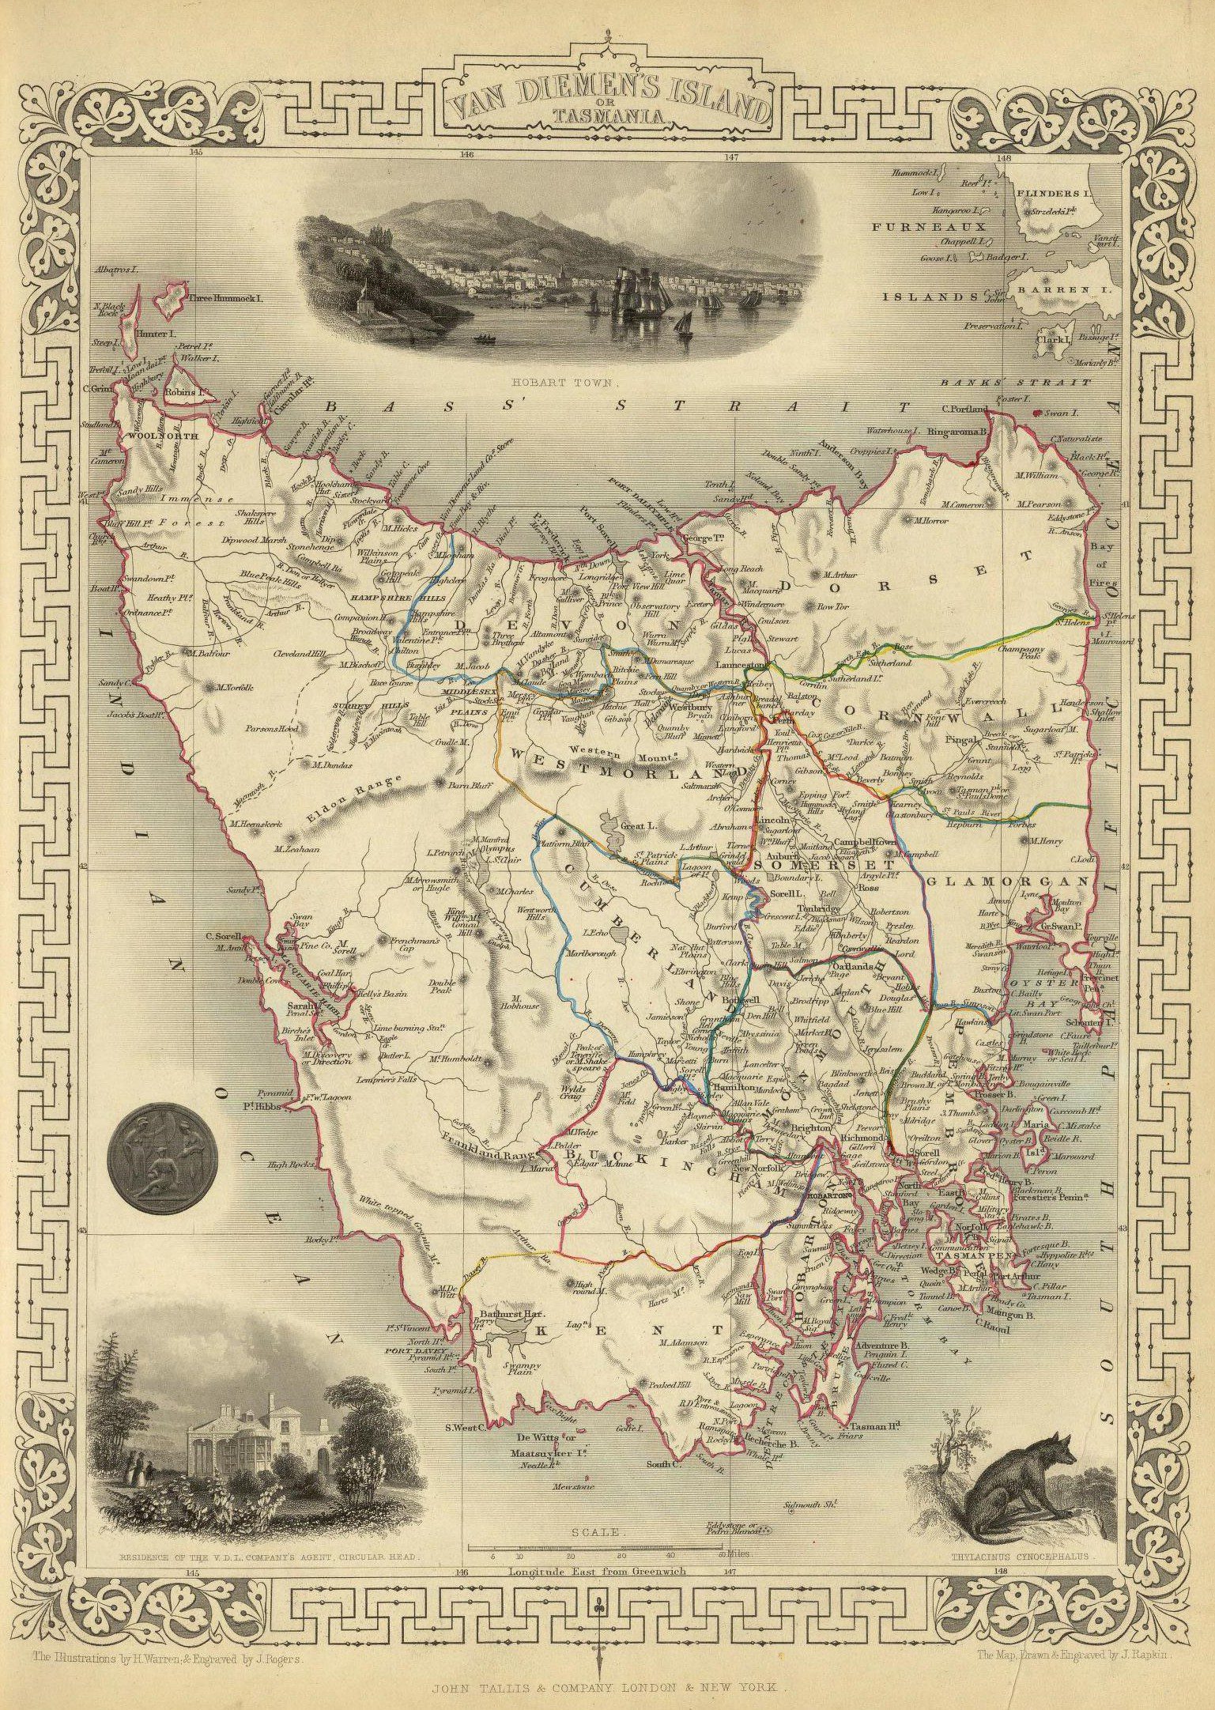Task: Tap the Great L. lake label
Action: pyautogui.click(x=633, y=826)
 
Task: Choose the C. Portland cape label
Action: pyautogui.click(x=964, y=409)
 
